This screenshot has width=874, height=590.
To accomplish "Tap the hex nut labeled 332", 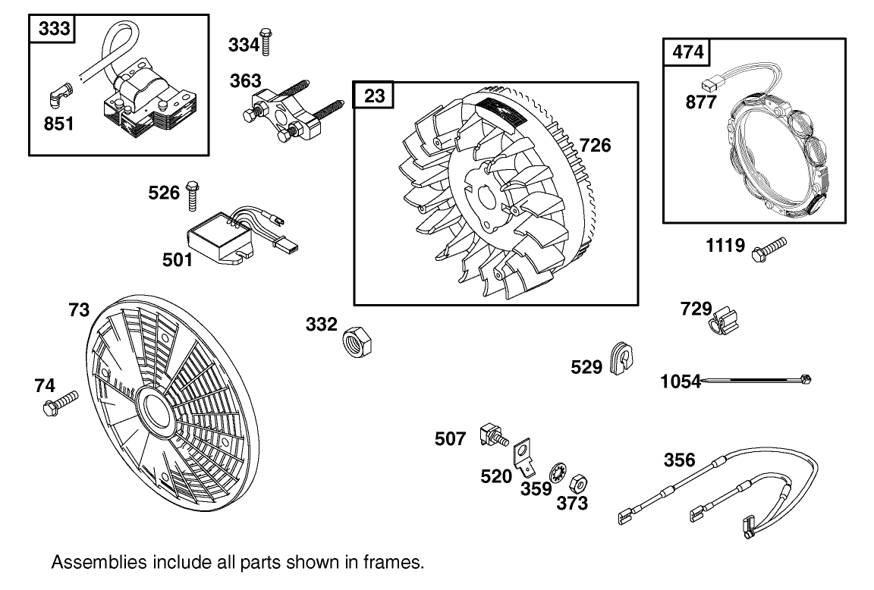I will [357, 342].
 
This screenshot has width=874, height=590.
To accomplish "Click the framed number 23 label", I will [374, 97].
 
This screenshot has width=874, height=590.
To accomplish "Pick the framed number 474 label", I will [688, 52].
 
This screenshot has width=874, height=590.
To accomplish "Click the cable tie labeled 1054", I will [759, 379].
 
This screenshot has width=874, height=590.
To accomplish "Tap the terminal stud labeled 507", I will [492, 437].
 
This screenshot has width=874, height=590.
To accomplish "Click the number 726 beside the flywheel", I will [595, 146].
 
